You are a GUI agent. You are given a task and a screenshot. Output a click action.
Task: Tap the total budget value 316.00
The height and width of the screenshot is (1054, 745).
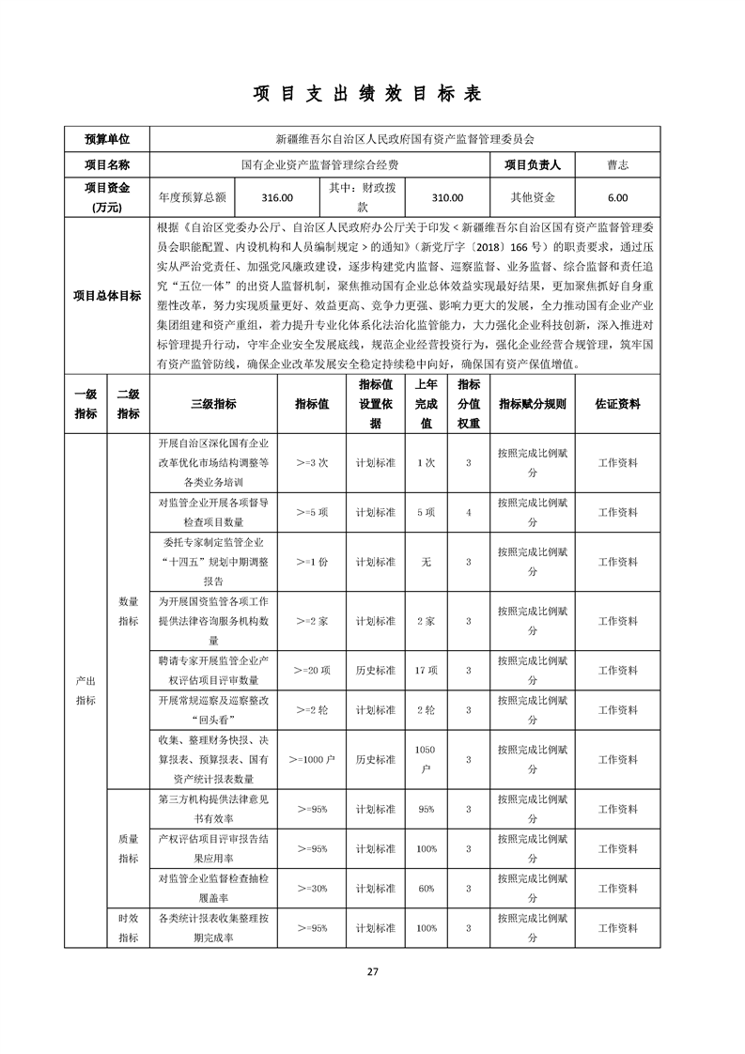pyautogui.click(x=278, y=197)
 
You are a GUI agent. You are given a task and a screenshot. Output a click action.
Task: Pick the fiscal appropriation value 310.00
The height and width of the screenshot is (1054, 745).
pyautogui.click(x=447, y=197)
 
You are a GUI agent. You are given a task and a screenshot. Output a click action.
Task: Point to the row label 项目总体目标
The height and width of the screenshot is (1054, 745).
pyautogui.click(x=107, y=296)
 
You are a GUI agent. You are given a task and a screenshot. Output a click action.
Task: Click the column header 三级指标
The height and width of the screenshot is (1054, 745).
pyautogui.click(x=213, y=403)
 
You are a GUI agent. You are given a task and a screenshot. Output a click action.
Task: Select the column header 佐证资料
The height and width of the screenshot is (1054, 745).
pyautogui.click(x=617, y=403)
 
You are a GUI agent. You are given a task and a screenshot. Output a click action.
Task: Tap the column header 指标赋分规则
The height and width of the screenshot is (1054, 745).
pyautogui.click(x=533, y=403)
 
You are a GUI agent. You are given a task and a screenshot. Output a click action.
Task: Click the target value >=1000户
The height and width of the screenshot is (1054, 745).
pyautogui.click(x=312, y=758)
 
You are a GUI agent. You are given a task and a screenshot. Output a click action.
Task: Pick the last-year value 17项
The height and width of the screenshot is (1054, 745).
pyautogui.click(x=426, y=670)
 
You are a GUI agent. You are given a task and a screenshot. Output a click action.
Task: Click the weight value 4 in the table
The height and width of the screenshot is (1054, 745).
pyautogui.click(x=468, y=512)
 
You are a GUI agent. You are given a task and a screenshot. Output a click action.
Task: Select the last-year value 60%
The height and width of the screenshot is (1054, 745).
pyautogui.click(x=426, y=888)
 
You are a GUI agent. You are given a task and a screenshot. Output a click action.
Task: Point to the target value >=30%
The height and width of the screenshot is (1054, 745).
pyautogui.click(x=312, y=888)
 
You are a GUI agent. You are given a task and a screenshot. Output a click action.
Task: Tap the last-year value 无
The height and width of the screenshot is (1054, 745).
pyautogui.click(x=426, y=561)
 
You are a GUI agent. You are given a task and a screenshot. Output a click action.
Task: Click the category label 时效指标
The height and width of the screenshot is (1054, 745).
pyautogui.click(x=129, y=928)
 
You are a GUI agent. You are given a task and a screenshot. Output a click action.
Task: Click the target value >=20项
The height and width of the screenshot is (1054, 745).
pyautogui.click(x=312, y=670)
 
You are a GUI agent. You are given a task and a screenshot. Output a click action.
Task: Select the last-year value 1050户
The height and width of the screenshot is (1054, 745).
pyautogui.click(x=426, y=758)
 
